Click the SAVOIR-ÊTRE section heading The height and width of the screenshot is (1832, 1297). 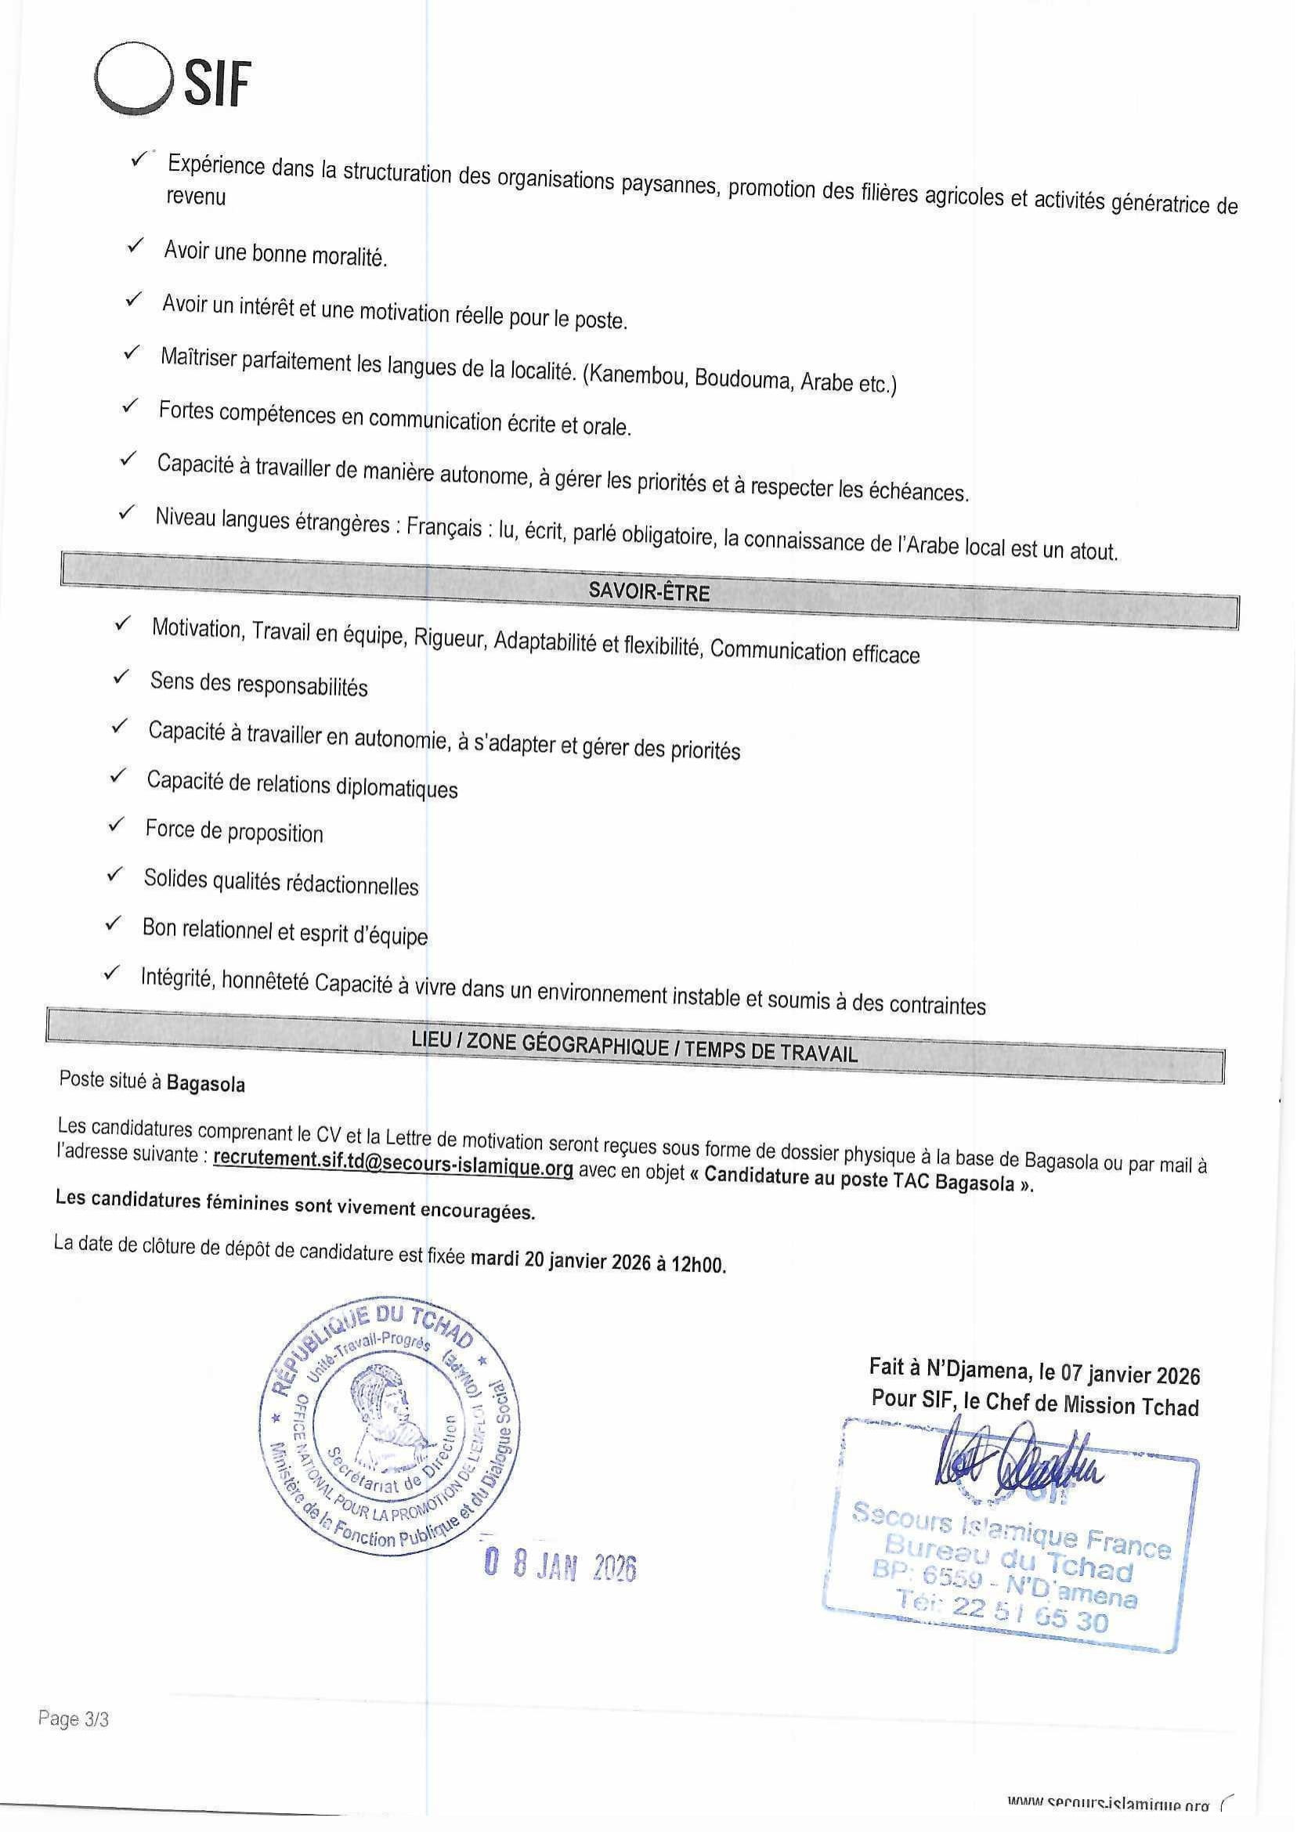(648, 592)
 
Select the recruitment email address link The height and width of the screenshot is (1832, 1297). (393, 1167)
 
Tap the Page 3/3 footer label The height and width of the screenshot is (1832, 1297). (73, 1718)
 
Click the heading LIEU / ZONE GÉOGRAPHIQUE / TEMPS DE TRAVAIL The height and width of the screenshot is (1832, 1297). (634, 1046)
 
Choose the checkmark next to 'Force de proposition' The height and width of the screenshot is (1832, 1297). (116, 825)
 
